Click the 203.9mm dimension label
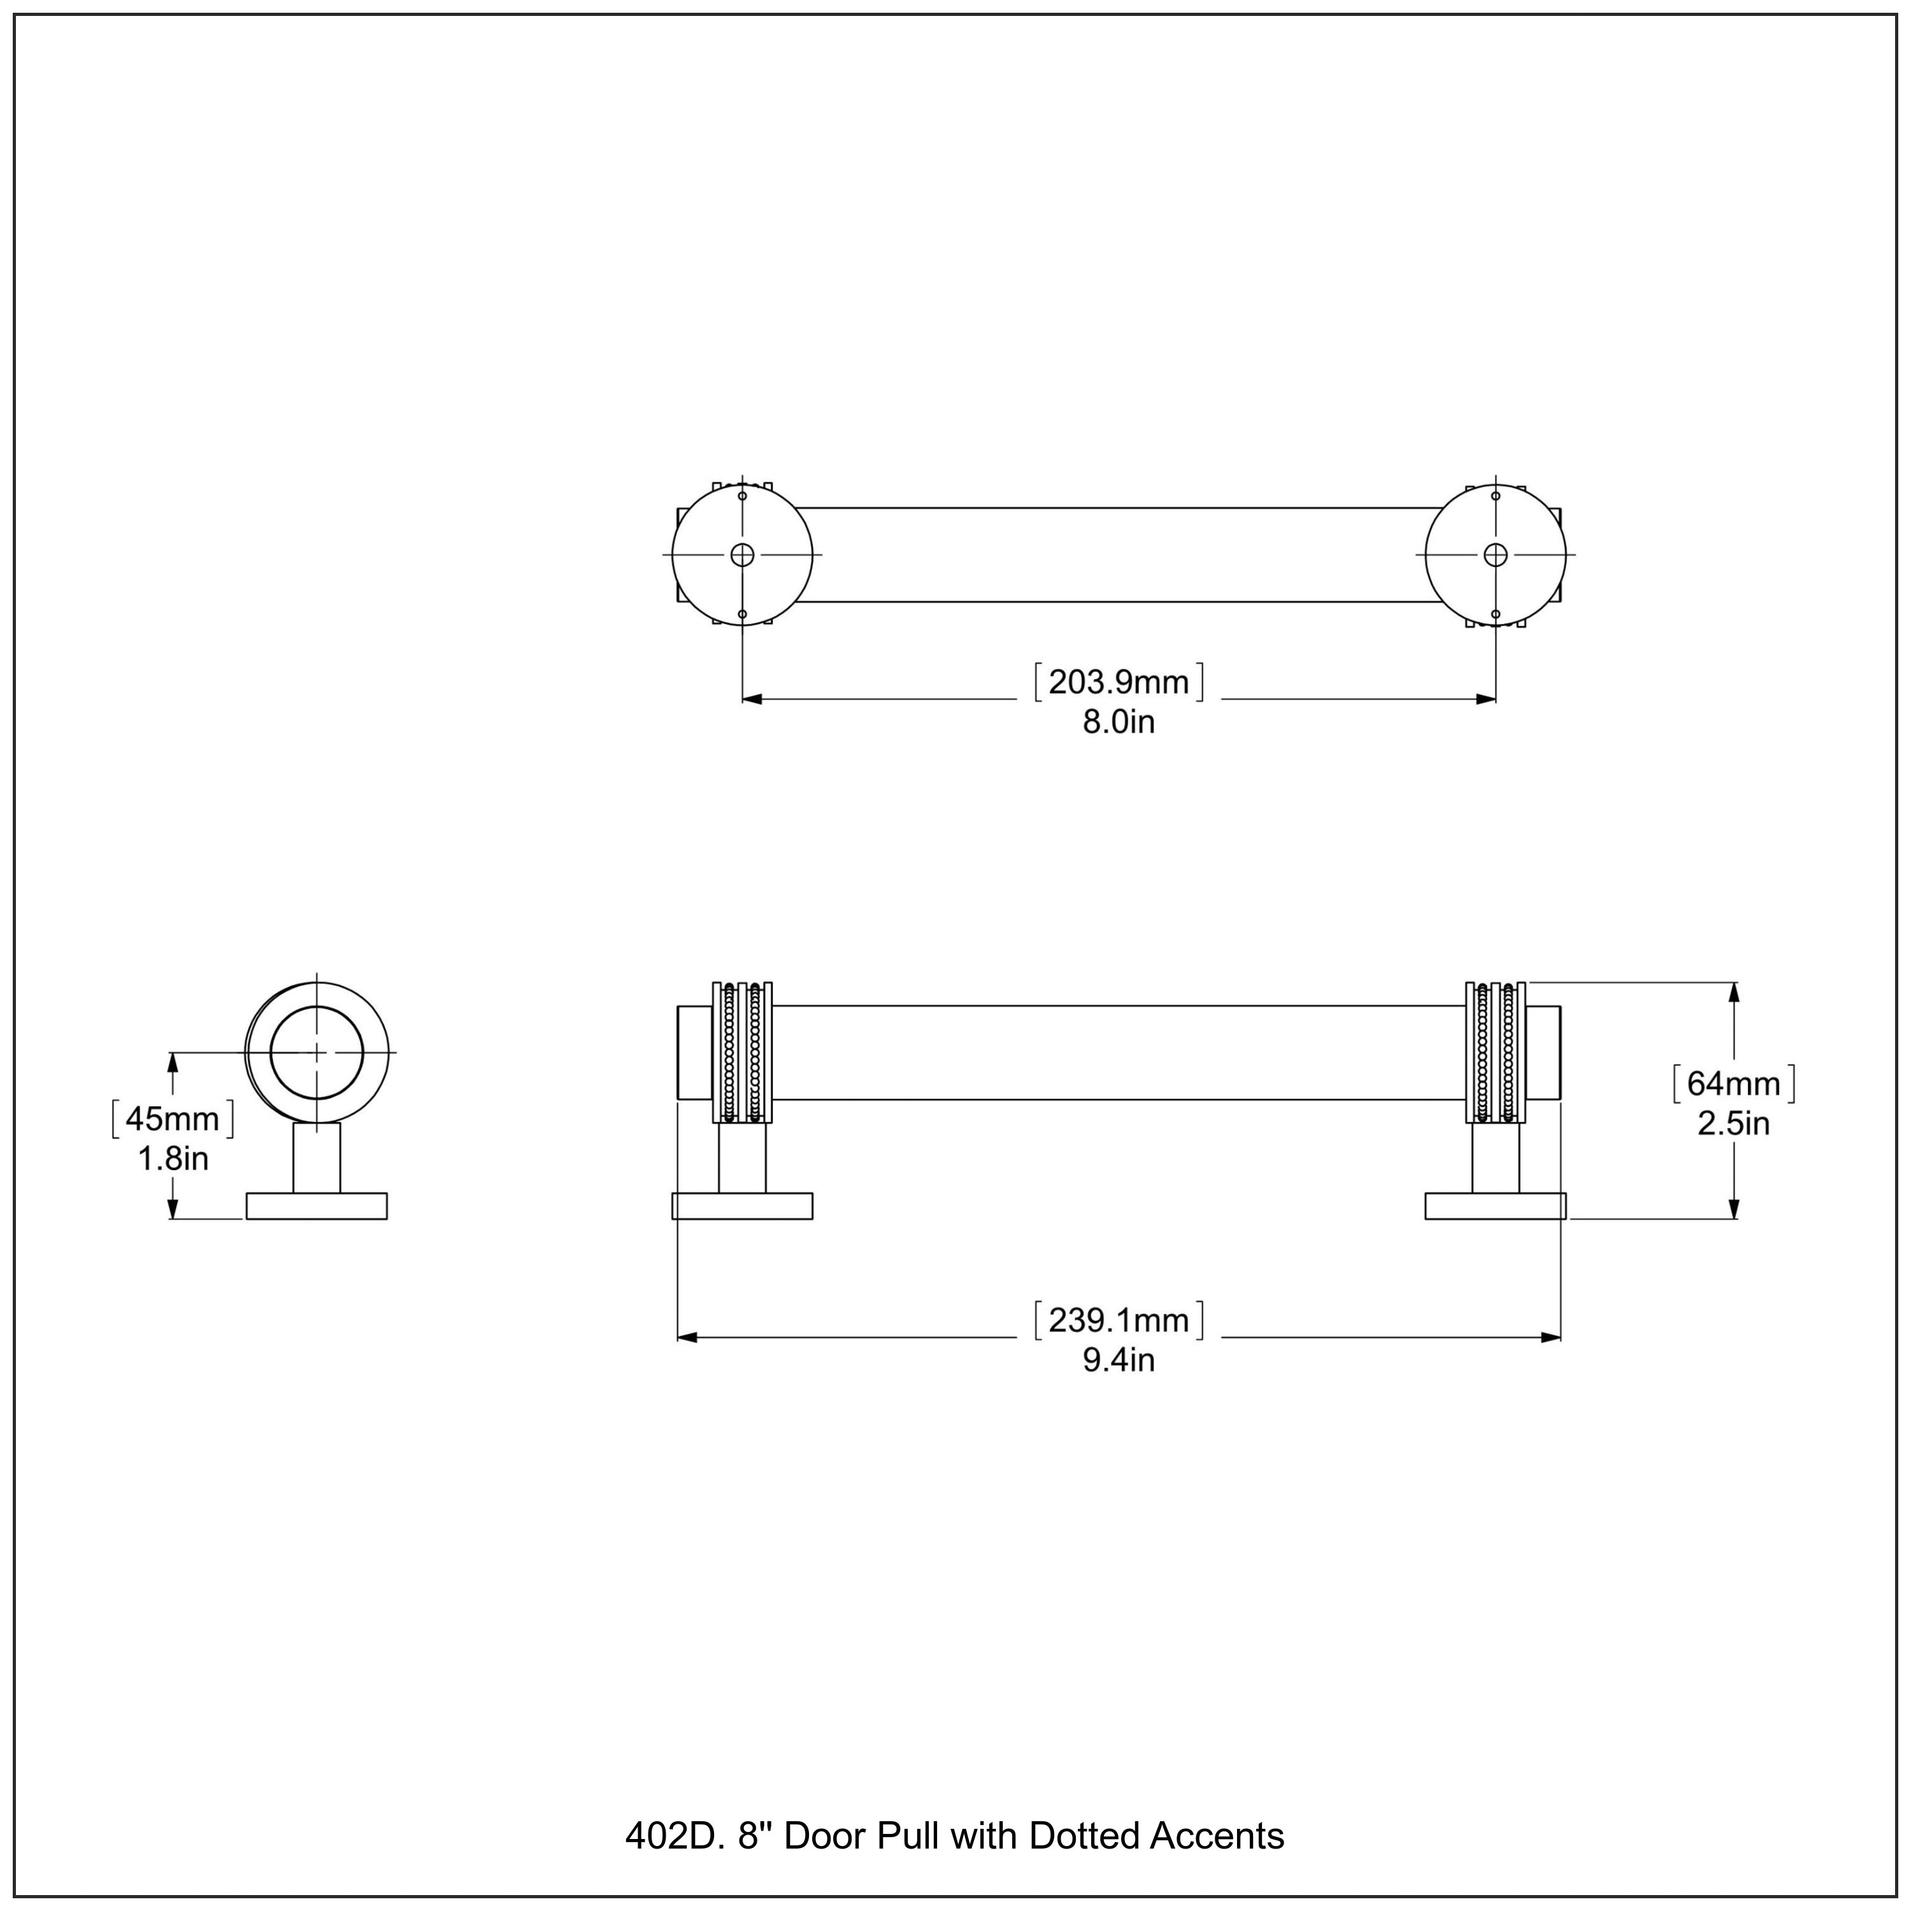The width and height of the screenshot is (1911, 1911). pos(1119,682)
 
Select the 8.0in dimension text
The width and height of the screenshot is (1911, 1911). pos(1119,723)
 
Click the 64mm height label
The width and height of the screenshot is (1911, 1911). pos(1733,1084)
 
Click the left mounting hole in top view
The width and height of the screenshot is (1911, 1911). pos(742,555)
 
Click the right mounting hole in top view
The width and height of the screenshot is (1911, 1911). pos(1496,555)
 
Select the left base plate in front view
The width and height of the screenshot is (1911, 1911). pos(742,1206)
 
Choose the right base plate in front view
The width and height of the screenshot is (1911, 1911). pos(1496,1206)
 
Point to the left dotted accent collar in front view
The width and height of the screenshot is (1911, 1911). pos(742,1052)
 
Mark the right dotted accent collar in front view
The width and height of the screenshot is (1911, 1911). pos(1496,1052)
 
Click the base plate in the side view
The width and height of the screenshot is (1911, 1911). pos(317,1206)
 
